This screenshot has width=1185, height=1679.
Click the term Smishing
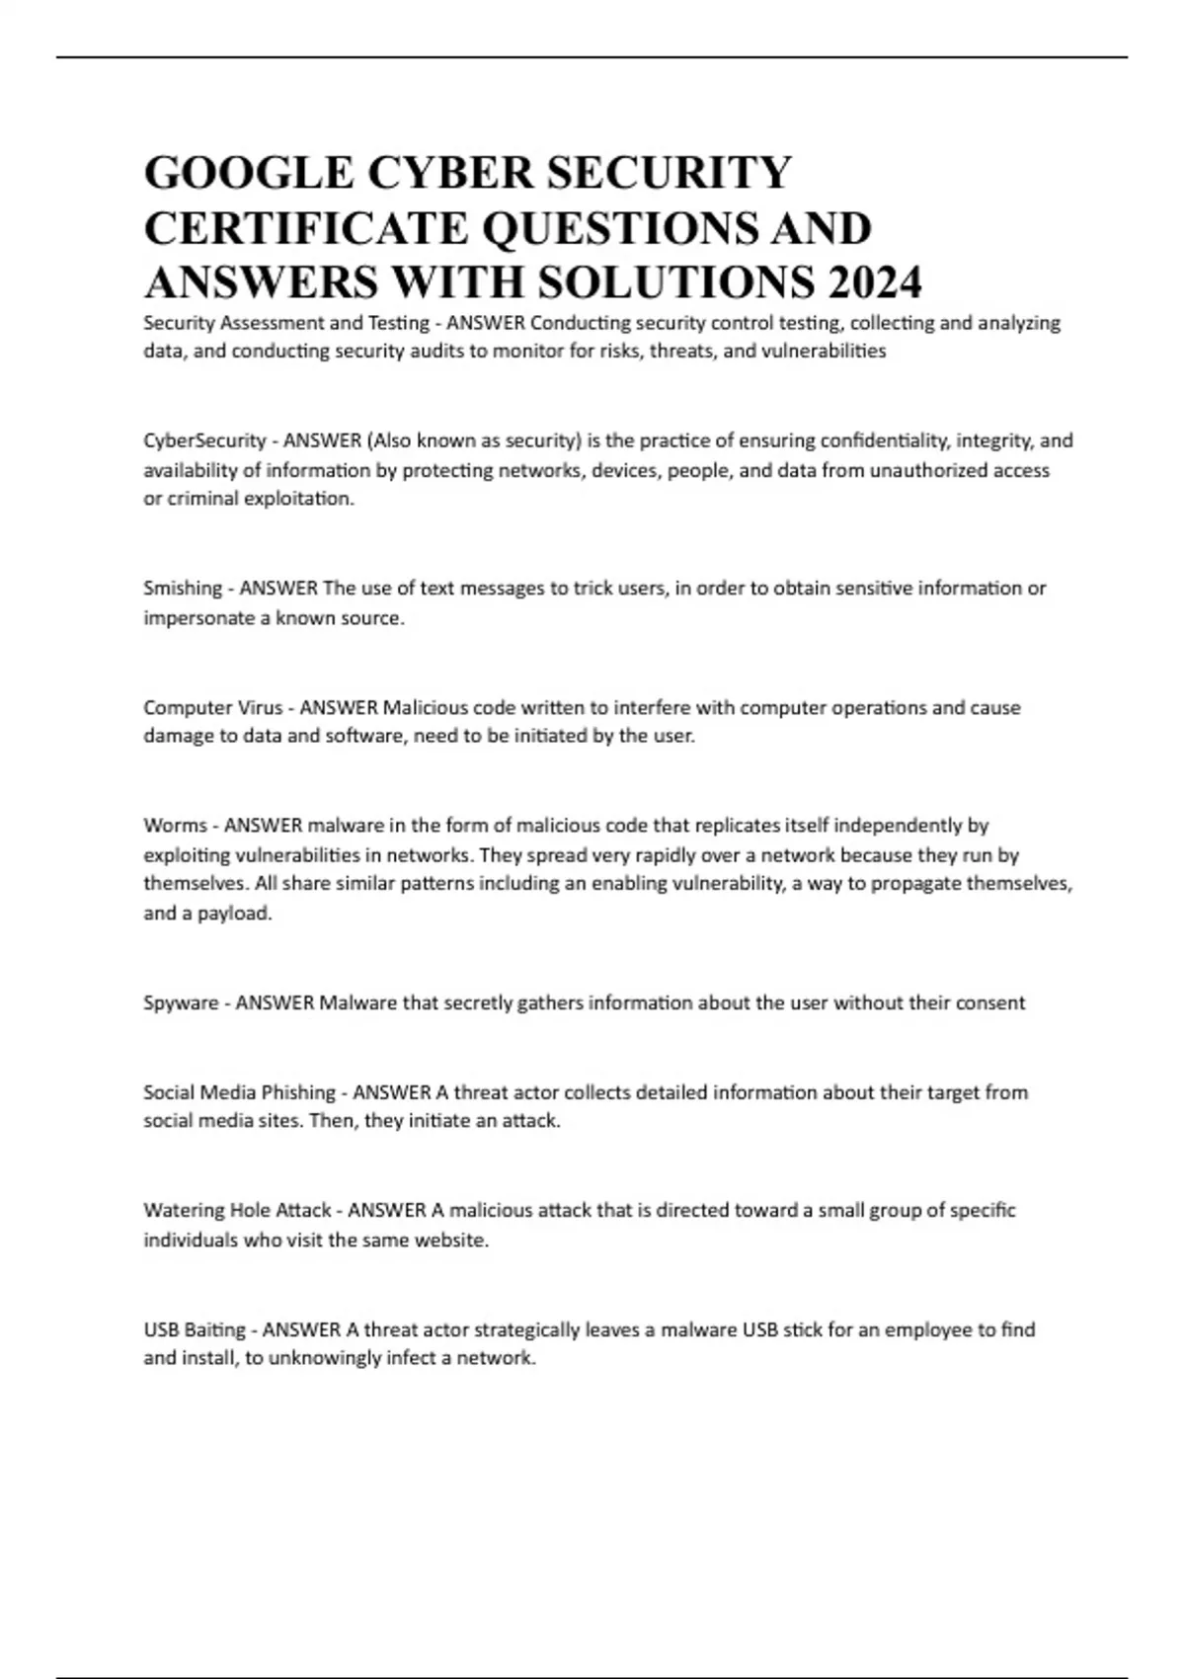coord(183,589)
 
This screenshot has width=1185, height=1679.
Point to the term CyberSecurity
coord(204,440)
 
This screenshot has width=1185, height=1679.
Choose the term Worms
coord(175,826)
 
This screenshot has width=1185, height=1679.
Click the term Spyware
coord(182,1003)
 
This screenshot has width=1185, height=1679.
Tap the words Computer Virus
coord(212,707)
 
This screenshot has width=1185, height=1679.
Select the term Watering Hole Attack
coord(237,1211)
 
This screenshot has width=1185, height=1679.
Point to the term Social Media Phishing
coord(239,1092)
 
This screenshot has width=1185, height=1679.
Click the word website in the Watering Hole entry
coord(455,1239)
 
